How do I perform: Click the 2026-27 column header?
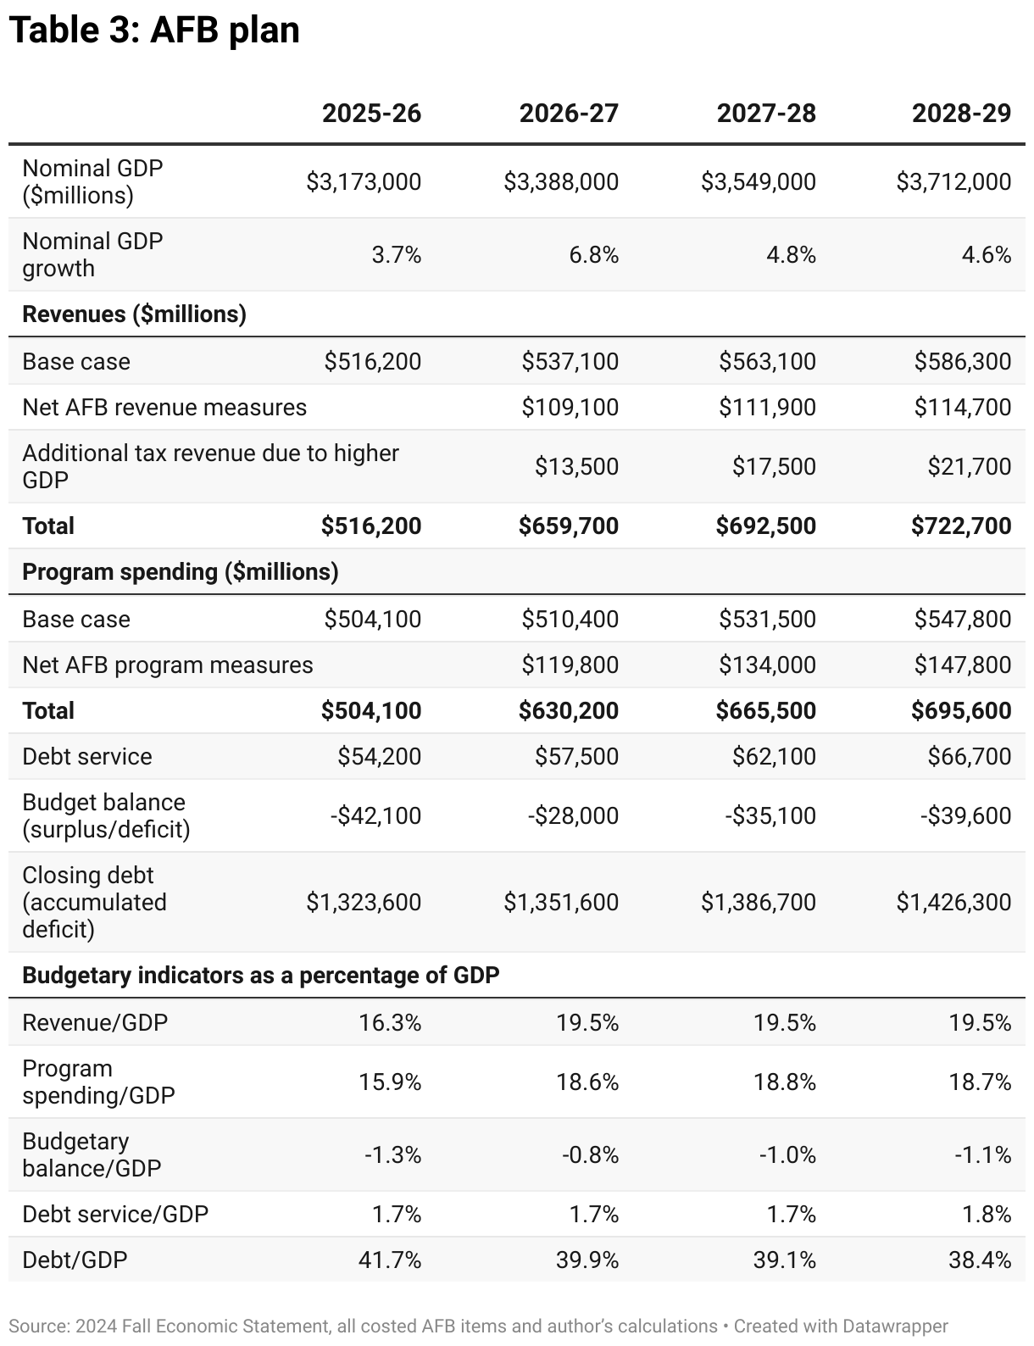pyautogui.click(x=569, y=114)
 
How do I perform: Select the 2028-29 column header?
pyautogui.click(x=961, y=114)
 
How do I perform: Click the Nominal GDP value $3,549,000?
pyautogui.click(x=758, y=181)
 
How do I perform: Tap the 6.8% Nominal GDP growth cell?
pyautogui.click(x=593, y=254)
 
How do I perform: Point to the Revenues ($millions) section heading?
pyautogui.click(x=134, y=314)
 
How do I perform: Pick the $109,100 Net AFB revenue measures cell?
pyautogui.click(x=570, y=408)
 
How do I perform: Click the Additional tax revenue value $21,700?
pyautogui.click(x=968, y=467)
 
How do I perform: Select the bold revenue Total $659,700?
pyautogui.click(x=569, y=526)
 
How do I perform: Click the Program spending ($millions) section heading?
pyautogui.click(x=180, y=572)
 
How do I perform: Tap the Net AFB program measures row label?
pyautogui.click(x=167, y=665)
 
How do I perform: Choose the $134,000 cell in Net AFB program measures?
pyautogui.click(x=767, y=665)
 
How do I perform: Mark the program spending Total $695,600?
pyautogui.click(x=961, y=711)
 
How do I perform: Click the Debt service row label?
pyautogui.click(x=86, y=757)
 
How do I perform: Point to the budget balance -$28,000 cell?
pyautogui.click(x=573, y=816)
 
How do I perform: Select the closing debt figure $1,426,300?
pyautogui.click(x=953, y=903)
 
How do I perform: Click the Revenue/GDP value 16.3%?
pyautogui.click(x=390, y=1023)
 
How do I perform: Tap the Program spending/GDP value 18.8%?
pyautogui.click(x=785, y=1082)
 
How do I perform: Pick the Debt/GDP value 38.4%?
pyautogui.click(x=980, y=1260)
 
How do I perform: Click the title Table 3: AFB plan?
pyautogui.click(x=154, y=31)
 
